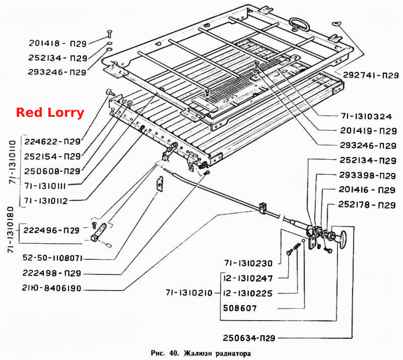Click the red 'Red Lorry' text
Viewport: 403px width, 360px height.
(50, 113)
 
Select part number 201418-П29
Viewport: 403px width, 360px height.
(57, 43)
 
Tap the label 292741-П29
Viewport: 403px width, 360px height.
(371, 76)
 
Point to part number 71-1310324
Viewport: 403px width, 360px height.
(366, 116)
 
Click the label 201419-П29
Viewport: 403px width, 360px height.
(369, 131)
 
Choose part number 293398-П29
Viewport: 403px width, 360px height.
(368, 175)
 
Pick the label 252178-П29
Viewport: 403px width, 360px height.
(367, 204)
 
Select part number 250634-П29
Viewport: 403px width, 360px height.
(249, 338)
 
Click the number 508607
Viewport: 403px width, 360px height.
(240, 308)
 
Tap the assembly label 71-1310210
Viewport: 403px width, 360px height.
(189, 293)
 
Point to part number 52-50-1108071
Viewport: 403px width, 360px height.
(52, 258)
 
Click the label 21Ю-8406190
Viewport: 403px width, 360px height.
(51, 288)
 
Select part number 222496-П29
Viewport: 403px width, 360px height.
(51, 230)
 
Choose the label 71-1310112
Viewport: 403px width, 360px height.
(46, 201)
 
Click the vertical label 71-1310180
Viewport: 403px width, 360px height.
(11, 230)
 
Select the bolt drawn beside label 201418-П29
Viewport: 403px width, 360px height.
(109, 34)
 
